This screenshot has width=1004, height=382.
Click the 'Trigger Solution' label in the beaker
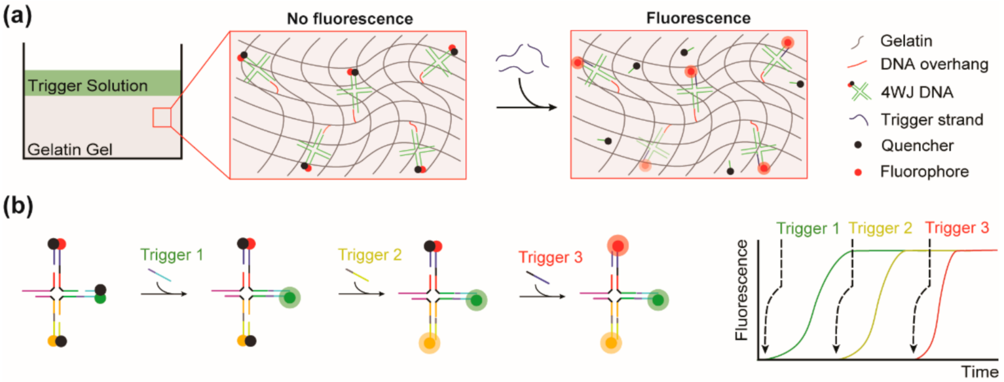(x=88, y=86)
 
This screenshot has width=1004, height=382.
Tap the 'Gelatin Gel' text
(x=70, y=149)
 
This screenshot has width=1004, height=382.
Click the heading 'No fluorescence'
(x=350, y=19)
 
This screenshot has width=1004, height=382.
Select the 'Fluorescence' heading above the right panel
(x=698, y=19)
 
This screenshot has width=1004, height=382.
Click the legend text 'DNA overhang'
(x=934, y=64)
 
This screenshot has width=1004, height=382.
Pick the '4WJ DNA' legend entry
(x=917, y=92)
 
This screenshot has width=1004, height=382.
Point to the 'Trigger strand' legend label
(x=931, y=120)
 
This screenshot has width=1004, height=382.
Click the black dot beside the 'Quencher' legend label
(x=858, y=145)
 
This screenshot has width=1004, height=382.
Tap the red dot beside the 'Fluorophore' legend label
(x=858, y=172)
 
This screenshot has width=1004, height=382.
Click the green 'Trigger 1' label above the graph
(x=808, y=229)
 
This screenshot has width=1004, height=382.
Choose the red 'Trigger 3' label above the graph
(x=957, y=228)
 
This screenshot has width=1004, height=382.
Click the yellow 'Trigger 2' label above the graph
(x=880, y=228)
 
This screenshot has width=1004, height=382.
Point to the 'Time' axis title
(x=979, y=372)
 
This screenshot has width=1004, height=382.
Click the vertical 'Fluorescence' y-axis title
(x=741, y=290)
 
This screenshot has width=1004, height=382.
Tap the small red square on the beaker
(x=162, y=117)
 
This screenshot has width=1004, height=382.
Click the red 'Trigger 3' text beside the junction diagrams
(x=550, y=257)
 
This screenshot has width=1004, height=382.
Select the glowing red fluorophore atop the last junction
(x=617, y=246)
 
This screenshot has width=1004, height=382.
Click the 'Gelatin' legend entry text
(x=906, y=41)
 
